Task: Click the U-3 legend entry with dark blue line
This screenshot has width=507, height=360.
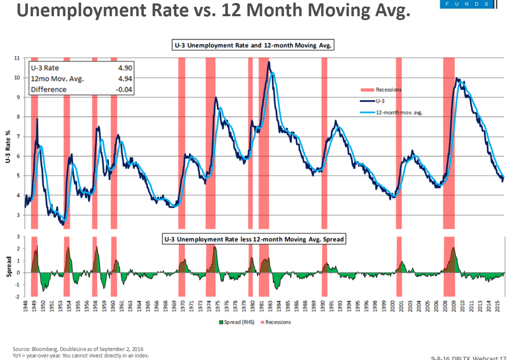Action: tap(380, 101)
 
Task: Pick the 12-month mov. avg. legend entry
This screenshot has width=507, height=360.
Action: tap(397, 113)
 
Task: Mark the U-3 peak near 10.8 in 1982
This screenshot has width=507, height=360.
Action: tap(269, 62)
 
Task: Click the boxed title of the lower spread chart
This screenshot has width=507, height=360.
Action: tap(254, 240)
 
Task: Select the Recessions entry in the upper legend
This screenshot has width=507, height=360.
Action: tap(388, 90)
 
